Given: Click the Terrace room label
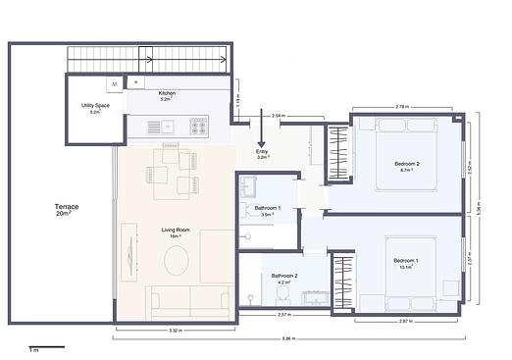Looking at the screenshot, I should tap(67, 210).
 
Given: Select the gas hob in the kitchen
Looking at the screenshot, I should tap(198, 126).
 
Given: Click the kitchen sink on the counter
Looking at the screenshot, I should tap(167, 126).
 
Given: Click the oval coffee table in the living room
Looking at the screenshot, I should tap(177, 261).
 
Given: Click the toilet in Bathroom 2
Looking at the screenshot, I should tap(282, 292).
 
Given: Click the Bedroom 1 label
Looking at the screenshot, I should tap(406, 261).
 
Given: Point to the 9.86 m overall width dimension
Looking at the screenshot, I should tap(287, 338).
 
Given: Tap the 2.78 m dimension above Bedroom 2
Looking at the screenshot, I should tap(402, 106).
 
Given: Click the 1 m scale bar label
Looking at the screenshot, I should tap(33, 349).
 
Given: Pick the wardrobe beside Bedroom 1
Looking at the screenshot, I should tap(343, 283).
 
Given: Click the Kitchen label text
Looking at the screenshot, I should tap(166, 94).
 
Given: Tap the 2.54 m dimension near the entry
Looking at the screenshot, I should tap(278, 116).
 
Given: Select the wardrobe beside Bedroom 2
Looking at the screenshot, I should tap(338, 155).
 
